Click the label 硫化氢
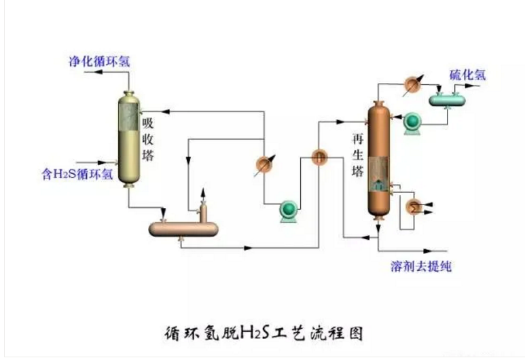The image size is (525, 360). click(x=467, y=75)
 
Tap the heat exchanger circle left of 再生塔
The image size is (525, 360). click(x=320, y=157)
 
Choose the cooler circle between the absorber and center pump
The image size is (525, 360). click(x=264, y=165)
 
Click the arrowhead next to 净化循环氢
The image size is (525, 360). click(x=73, y=71)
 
